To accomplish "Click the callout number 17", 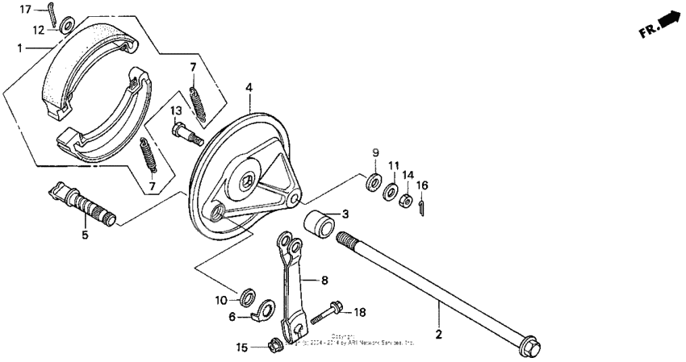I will [x=25, y=9].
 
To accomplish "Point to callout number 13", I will [x=175, y=110].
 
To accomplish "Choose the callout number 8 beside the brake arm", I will [x=324, y=281].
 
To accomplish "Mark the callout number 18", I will [x=360, y=311].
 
